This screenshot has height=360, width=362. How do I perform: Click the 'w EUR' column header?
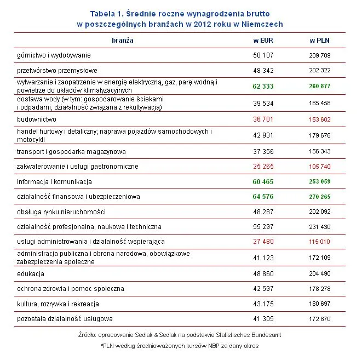(x=263, y=41)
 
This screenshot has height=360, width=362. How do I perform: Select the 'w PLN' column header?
(x=320, y=41)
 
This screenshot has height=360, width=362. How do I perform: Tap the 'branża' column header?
(x=122, y=40)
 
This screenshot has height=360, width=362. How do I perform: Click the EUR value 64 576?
(x=263, y=197)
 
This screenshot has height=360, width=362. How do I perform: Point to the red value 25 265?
(x=263, y=167)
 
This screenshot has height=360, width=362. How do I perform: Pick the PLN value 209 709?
(x=320, y=55)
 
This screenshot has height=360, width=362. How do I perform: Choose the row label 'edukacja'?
(x=31, y=273)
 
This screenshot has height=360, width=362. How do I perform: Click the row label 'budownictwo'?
(x=37, y=119)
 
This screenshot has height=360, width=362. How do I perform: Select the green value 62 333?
(x=263, y=87)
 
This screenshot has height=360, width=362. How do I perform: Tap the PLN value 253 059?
(x=320, y=182)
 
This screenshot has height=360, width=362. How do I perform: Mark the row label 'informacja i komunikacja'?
(x=54, y=181)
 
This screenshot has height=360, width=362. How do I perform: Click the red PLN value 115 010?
(x=320, y=242)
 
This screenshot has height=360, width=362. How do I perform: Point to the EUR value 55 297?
(x=263, y=227)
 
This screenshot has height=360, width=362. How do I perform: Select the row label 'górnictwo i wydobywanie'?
(x=54, y=55)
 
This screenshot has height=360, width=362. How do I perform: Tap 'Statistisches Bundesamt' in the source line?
(x=244, y=334)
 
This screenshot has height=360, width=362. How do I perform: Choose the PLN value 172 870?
(x=320, y=319)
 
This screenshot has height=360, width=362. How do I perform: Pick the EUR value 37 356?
(x=263, y=152)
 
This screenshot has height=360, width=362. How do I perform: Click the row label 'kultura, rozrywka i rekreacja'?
(x=58, y=304)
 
